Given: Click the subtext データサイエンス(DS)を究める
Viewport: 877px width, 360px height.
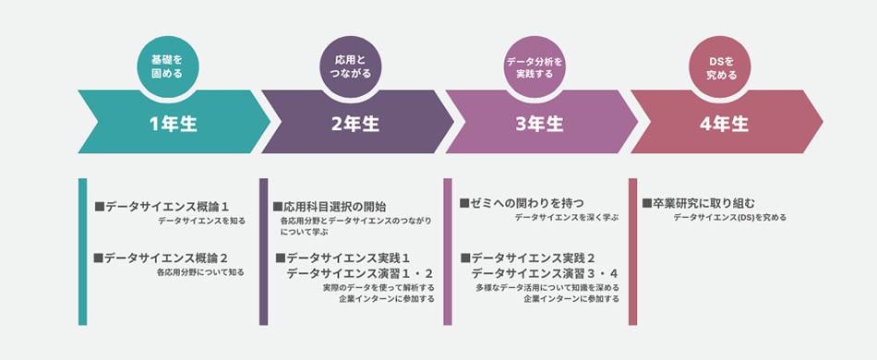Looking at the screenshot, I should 729,218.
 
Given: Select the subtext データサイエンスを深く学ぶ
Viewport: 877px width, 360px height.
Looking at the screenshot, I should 566,217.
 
